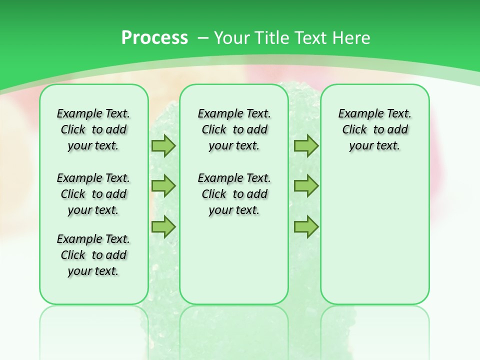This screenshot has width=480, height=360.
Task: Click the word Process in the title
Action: point(154,38)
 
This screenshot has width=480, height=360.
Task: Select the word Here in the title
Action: point(351,38)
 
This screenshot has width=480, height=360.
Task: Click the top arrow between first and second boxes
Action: point(163,146)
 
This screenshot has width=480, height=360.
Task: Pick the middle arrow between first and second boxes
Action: point(163,186)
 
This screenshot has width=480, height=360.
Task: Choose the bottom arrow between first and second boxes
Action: point(163,227)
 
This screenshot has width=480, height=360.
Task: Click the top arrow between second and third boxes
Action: point(306,146)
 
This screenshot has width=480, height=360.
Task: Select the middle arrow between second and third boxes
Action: point(306,186)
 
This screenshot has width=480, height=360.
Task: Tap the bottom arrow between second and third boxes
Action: point(306,227)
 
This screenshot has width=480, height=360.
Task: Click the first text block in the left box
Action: point(93,129)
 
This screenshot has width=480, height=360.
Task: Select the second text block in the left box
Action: point(93,194)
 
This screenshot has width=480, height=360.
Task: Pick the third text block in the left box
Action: point(93,255)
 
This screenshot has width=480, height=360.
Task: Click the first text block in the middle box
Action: point(234,129)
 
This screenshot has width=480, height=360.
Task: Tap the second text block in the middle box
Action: point(234,194)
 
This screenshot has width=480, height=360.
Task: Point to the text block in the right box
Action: point(374,129)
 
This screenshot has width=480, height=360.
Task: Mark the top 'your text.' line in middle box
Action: point(234,146)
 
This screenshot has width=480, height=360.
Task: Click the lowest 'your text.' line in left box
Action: point(93,271)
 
